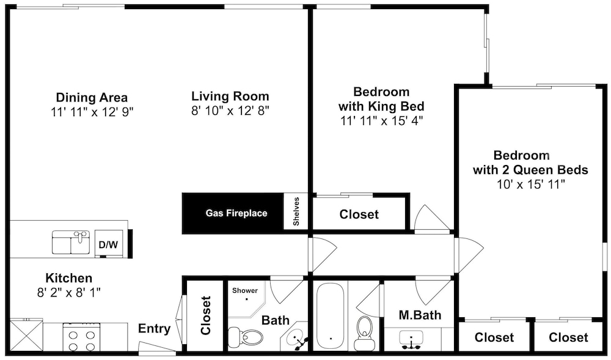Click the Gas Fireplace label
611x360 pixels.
(x=236, y=213)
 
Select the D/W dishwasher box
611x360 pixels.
(x=109, y=244)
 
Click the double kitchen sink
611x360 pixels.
(x=71, y=242)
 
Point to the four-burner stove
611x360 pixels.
(x=81, y=337)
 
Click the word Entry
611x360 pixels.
(x=155, y=329)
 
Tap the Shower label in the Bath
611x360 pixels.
(x=245, y=290)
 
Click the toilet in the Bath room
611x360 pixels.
(x=245, y=336)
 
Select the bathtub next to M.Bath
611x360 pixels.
(x=330, y=317)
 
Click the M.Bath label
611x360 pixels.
(x=420, y=315)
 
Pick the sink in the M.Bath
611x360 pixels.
(x=411, y=339)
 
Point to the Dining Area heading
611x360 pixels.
(x=92, y=97)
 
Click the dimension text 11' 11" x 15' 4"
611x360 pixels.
(x=381, y=121)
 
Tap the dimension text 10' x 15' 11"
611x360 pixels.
(x=531, y=185)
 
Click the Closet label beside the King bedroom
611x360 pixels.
(x=359, y=215)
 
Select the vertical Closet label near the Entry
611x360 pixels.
(x=205, y=315)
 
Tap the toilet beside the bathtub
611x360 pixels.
(x=364, y=332)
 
